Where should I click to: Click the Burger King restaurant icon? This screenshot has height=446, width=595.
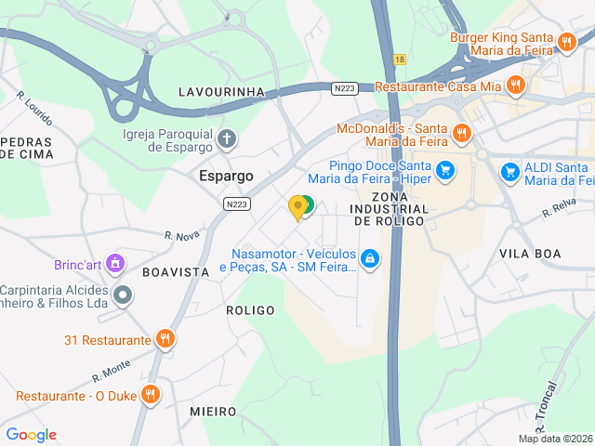(566, 41)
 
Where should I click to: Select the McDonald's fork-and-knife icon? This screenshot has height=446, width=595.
(460, 135)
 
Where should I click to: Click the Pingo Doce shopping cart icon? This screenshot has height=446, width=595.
(445, 170)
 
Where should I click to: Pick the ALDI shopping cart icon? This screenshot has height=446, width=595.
(509, 172)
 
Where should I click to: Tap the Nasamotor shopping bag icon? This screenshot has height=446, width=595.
(371, 258)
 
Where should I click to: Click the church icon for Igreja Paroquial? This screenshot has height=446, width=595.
(227, 140)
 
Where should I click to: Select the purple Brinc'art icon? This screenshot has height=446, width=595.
(115, 263)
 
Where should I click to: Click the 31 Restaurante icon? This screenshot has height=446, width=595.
(165, 339)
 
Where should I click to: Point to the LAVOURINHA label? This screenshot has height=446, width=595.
(221, 92)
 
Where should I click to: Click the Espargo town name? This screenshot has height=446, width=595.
(227, 175)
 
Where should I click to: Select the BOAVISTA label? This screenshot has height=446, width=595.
(176, 271)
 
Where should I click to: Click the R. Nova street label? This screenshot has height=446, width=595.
(182, 236)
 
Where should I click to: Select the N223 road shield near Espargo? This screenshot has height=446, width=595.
(236, 203)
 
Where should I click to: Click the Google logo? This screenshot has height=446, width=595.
(31, 434)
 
